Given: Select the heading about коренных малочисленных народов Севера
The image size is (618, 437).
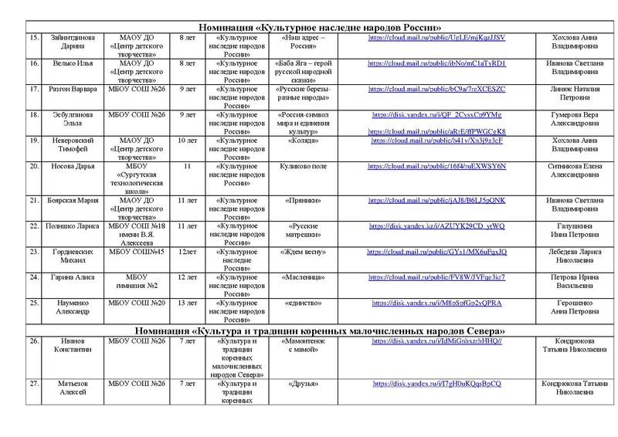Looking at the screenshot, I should [309, 330].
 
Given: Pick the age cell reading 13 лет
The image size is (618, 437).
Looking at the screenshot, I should [187, 302].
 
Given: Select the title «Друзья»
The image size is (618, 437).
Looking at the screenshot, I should [301, 384].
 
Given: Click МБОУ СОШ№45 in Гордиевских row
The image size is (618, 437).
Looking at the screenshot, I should [136, 251].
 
